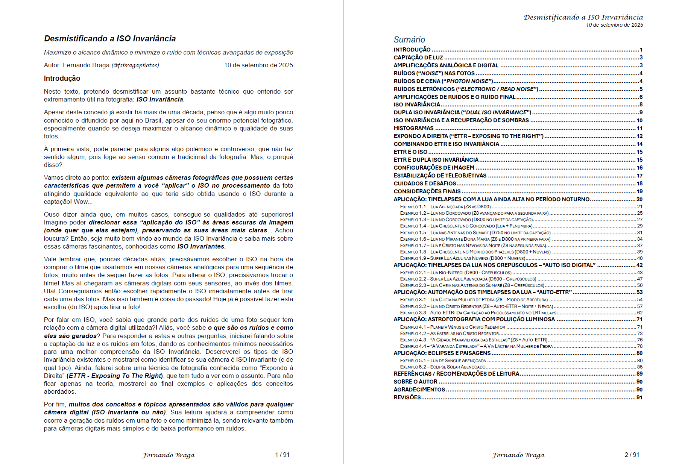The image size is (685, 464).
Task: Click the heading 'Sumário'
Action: pos(409,39)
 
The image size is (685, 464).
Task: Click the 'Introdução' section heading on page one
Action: pos(62,78)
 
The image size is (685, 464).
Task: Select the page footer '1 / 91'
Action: pos(282,455)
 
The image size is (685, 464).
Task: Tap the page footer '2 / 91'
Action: pos(632,455)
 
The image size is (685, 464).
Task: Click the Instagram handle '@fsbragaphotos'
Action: pos(135,65)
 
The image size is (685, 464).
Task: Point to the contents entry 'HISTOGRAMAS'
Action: pos(413,128)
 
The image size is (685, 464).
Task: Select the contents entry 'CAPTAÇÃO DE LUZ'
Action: pos(418,58)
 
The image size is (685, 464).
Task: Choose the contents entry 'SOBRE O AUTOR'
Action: pos(415,382)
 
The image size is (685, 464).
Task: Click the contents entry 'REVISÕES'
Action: pos(407,397)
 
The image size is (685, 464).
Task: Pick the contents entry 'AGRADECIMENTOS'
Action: pos(419,390)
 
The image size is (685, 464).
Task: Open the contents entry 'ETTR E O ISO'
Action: pos(410,152)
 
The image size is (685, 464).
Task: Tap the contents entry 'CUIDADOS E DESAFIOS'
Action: pos(425,183)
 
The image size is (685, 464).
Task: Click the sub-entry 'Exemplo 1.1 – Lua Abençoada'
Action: pos(445,207)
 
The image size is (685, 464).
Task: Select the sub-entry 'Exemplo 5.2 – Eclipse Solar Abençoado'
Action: pos(443,367)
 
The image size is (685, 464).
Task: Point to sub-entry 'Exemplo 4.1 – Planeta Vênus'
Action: pos(452,327)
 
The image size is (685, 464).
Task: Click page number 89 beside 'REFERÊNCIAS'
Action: pos(639,374)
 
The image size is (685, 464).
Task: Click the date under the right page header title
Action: pos(614,25)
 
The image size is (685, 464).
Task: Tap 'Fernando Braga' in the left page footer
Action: pos(168,455)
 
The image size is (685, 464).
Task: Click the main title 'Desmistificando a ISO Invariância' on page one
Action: pos(110,38)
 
